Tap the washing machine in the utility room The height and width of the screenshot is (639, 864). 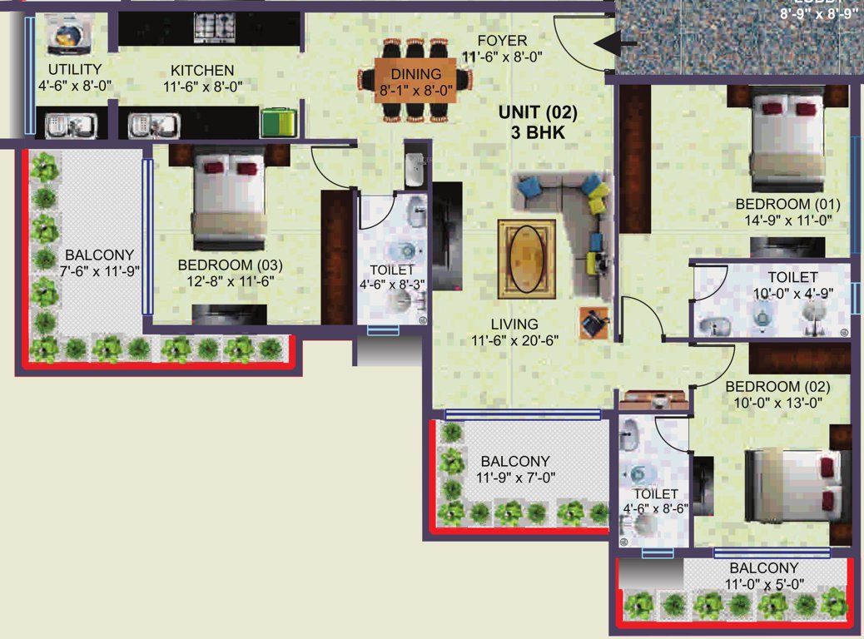(64, 32)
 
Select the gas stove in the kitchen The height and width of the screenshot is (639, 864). (215, 30)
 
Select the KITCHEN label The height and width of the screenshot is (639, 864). (202, 70)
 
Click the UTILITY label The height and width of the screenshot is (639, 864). (74, 69)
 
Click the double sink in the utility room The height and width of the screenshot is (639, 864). (71, 126)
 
